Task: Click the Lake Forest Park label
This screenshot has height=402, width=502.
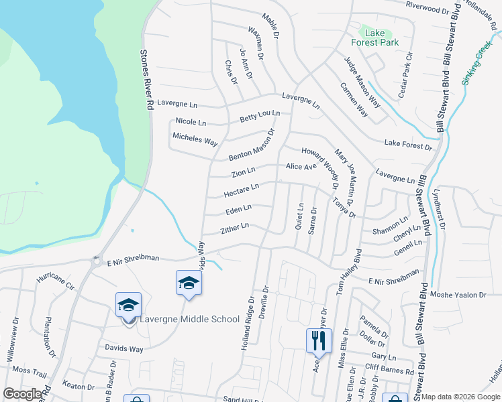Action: (x=380, y=38)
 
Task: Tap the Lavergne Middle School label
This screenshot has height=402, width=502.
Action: (x=190, y=319)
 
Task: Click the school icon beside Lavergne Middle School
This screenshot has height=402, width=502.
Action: (x=128, y=305)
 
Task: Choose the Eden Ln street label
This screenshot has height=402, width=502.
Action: (x=238, y=210)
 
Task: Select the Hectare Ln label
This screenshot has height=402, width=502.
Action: (x=241, y=191)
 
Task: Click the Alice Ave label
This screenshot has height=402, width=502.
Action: (x=301, y=166)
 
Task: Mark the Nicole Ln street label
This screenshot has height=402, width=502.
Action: (x=191, y=122)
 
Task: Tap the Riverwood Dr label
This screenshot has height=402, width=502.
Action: (x=427, y=8)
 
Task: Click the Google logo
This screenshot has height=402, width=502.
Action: (x=22, y=393)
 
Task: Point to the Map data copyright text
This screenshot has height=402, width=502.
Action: (x=460, y=397)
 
